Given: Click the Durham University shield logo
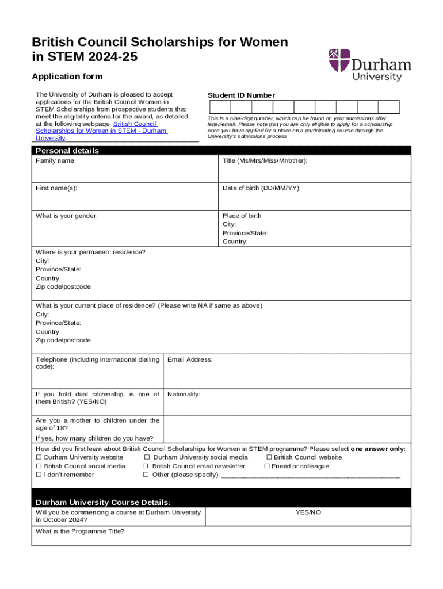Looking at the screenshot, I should [x=339, y=61].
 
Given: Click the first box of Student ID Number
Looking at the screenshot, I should [x=220, y=107].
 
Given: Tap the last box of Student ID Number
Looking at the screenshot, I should [x=389, y=107].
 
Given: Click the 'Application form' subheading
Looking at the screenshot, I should [x=67, y=77].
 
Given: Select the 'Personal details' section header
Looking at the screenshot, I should [x=67, y=151].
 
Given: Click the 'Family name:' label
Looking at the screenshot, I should [x=56, y=161].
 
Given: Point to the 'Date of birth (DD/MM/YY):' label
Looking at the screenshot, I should [x=261, y=188].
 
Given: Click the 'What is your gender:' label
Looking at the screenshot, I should [x=67, y=216].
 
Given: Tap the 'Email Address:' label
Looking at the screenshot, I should [x=190, y=359].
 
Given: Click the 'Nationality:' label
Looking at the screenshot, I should [x=184, y=394].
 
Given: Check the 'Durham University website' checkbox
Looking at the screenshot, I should [x=39, y=458].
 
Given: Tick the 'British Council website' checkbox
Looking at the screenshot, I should [x=269, y=458].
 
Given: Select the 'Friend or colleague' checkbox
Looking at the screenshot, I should [x=267, y=466].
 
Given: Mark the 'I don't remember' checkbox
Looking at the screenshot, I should [x=39, y=475].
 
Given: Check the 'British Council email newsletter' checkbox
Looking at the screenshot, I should [x=146, y=466].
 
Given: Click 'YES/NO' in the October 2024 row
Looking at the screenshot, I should [x=308, y=512].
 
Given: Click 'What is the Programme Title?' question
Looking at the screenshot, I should [x=80, y=531].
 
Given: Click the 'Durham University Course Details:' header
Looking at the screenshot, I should [x=103, y=502].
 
